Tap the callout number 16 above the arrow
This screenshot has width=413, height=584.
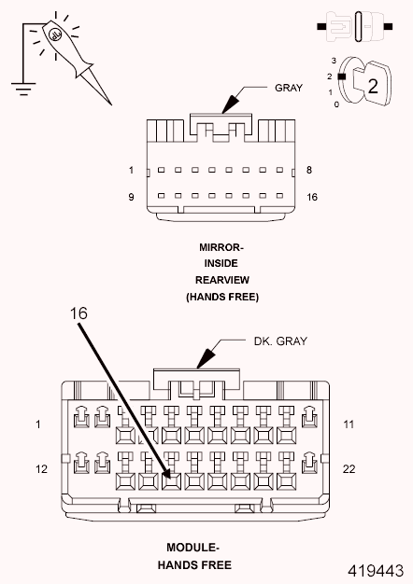79,313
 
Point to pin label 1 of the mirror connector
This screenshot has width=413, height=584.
132,171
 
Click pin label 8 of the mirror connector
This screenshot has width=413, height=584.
308,171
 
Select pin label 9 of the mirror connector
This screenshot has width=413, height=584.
132,197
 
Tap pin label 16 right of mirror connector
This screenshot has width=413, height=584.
312,197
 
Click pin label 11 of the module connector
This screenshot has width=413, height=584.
349,424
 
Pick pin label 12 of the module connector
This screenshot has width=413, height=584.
41,468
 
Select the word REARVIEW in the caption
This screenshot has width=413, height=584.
221,280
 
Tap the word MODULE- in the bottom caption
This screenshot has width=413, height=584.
193,549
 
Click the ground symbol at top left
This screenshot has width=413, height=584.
20,85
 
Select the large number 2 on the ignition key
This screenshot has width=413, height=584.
372,86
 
